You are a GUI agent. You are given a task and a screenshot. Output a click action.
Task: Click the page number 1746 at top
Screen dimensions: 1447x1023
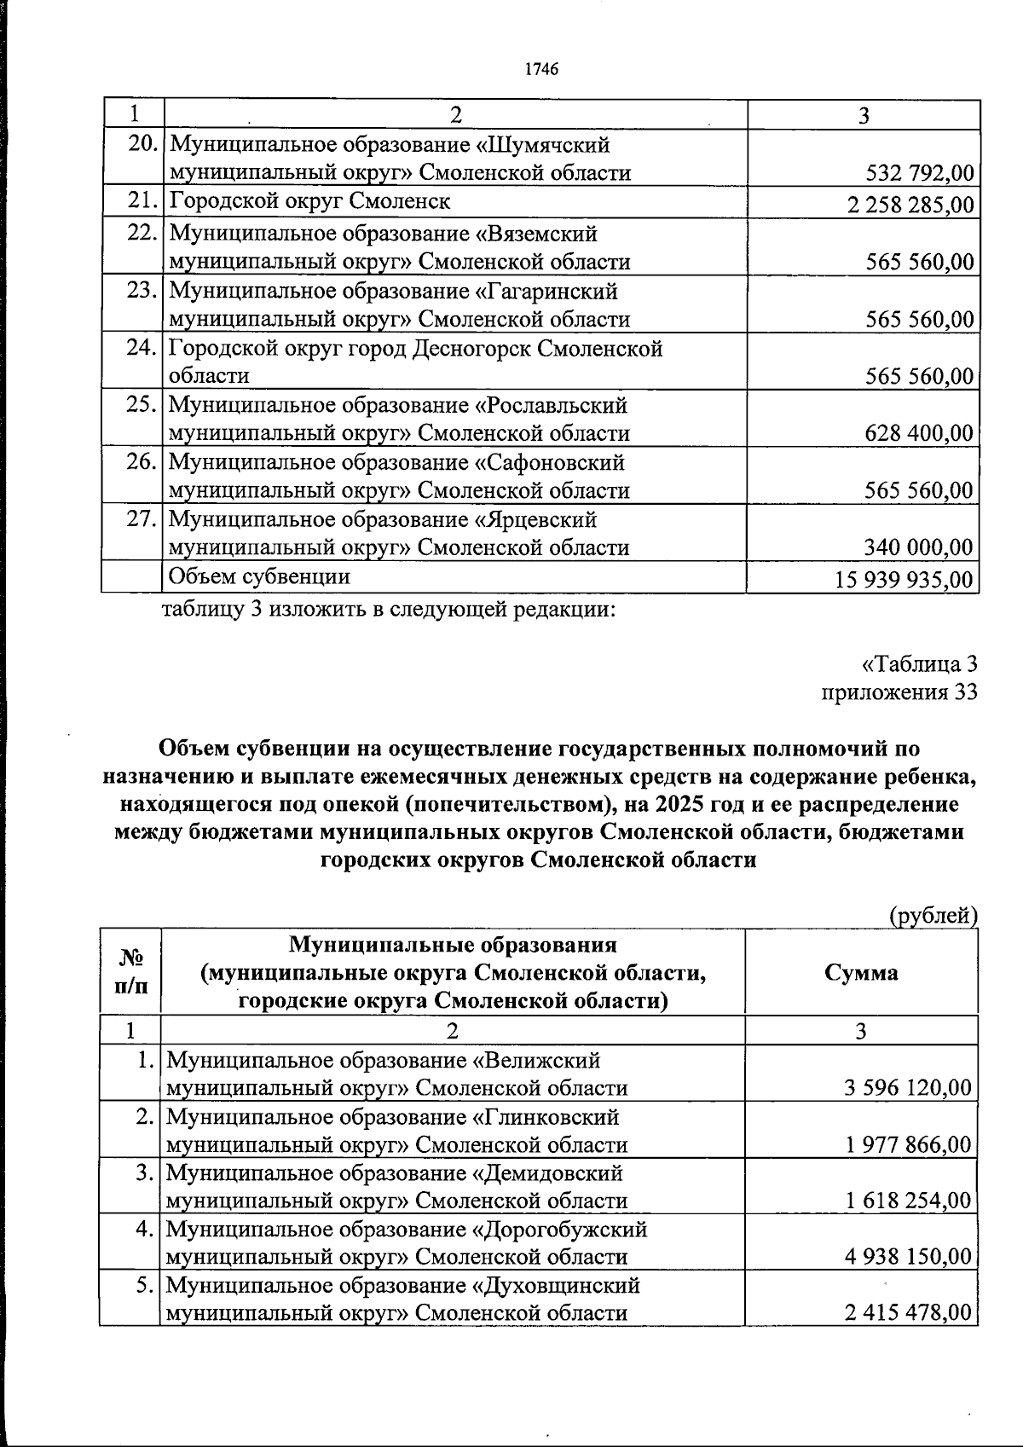(x=541, y=69)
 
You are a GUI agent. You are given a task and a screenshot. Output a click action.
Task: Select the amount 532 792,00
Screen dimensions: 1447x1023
(x=919, y=174)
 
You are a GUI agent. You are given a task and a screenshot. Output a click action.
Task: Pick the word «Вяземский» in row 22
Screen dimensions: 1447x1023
(x=535, y=234)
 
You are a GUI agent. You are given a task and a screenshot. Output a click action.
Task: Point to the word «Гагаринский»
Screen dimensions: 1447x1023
(x=546, y=292)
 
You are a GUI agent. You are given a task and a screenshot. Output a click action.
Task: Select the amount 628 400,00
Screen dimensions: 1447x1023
(x=919, y=433)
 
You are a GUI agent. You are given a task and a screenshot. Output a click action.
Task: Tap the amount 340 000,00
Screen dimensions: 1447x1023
(x=919, y=547)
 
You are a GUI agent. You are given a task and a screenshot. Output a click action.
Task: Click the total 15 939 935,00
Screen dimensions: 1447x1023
(x=905, y=579)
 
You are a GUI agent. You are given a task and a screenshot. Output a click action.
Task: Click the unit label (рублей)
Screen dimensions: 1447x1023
(x=933, y=916)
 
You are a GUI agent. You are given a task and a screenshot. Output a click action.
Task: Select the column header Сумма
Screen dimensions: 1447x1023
(x=861, y=973)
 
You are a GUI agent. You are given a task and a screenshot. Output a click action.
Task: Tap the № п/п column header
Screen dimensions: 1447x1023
(x=130, y=972)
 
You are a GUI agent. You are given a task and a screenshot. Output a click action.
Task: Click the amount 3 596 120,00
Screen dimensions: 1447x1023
(x=909, y=1088)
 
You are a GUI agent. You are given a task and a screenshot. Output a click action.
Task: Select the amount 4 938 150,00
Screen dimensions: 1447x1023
(x=909, y=1257)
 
